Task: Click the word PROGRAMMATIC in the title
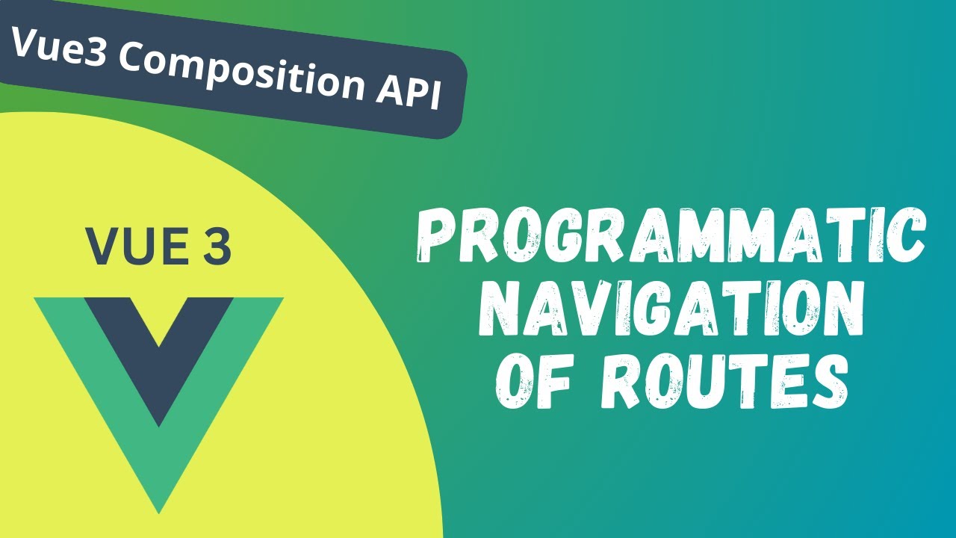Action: tap(670, 236)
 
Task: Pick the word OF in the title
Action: tap(533, 381)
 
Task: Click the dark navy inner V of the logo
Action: tap(158, 351)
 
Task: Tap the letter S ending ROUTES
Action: tap(829, 381)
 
